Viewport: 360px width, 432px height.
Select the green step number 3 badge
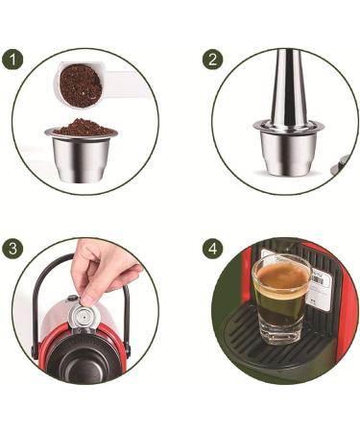(x=12, y=248)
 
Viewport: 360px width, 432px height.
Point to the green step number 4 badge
(x=213, y=248)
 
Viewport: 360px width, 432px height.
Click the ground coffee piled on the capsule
(x=82, y=127)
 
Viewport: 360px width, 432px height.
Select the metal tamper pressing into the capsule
(x=289, y=91)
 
